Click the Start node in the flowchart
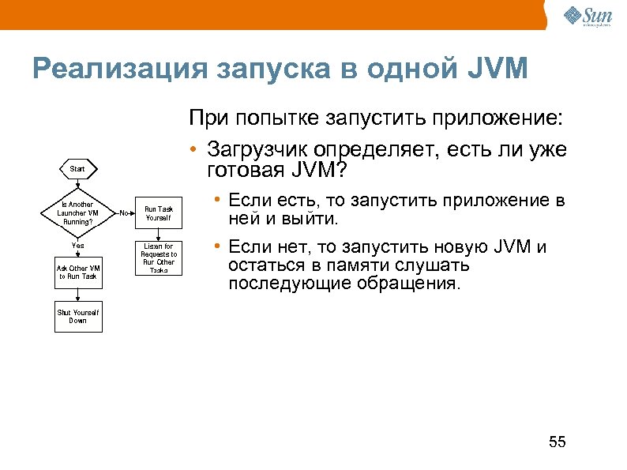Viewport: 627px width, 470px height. click(77, 169)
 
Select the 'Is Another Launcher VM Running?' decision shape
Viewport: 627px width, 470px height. click(77, 212)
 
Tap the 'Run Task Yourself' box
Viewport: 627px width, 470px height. click(158, 212)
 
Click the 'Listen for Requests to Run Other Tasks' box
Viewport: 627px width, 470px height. click(158, 258)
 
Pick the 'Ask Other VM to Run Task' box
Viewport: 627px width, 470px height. click(77, 272)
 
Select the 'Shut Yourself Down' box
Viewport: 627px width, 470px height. click(77, 317)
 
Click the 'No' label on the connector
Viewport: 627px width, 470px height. click(124, 212)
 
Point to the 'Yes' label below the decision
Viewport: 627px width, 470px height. click(77, 246)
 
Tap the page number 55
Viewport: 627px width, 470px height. click(558, 442)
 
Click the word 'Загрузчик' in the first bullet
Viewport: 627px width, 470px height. click(257, 149)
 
